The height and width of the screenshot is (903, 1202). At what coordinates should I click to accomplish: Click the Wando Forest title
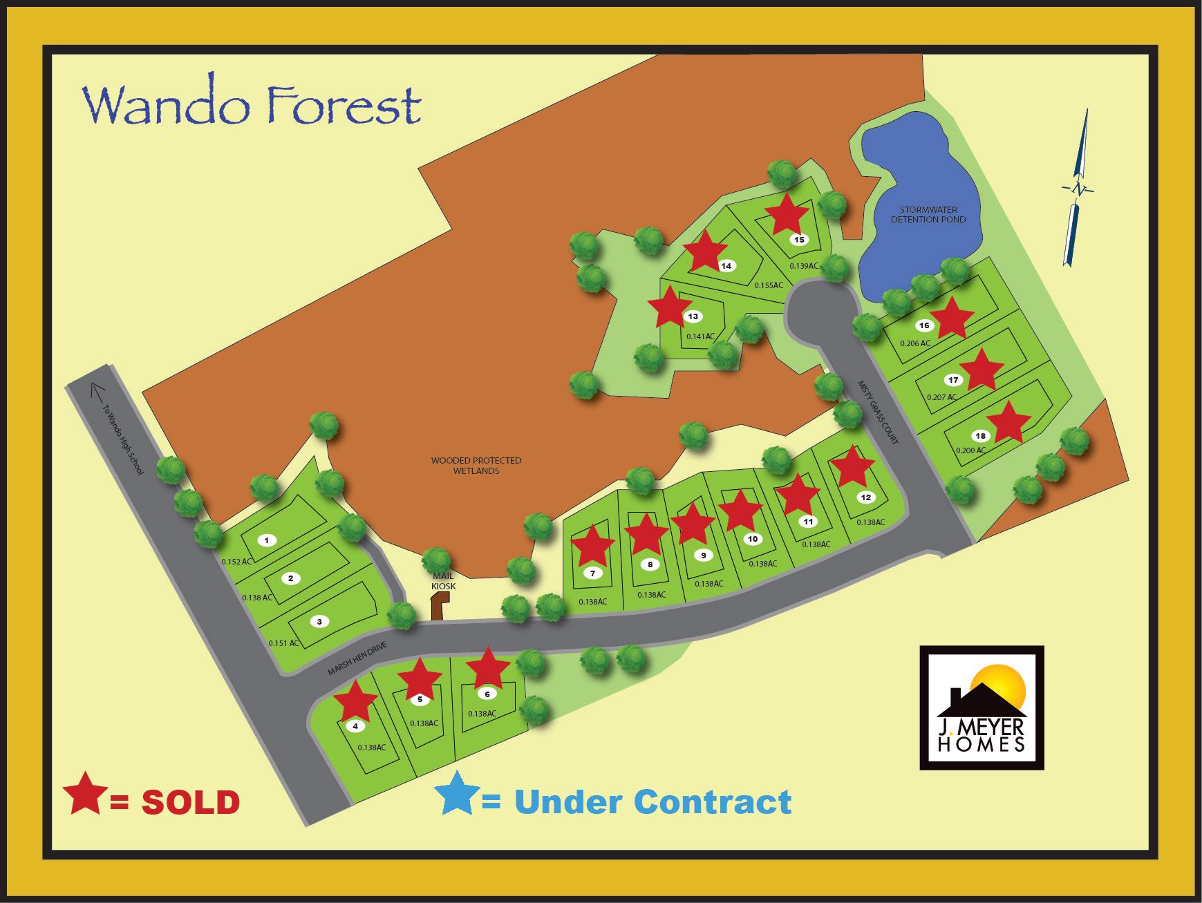click(x=252, y=106)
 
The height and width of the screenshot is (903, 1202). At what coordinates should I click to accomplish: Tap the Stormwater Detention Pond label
click(x=928, y=214)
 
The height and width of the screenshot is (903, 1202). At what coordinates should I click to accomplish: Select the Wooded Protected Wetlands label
click(x=476, y=465)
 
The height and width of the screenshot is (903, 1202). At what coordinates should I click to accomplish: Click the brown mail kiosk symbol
click(x=438, y=608)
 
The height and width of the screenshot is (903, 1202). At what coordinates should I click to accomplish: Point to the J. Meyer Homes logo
click(x=982, y=707)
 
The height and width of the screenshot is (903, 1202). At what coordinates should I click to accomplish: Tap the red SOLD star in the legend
click(x=85, y=793)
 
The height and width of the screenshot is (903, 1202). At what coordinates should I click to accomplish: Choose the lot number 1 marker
click(x=267, y=540)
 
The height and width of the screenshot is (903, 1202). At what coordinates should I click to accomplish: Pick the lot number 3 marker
click(x=319, y=622)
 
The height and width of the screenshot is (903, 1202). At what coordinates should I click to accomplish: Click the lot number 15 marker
click(x=800, y=240)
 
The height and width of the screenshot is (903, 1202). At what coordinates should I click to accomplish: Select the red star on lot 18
click(x=1008, y=422)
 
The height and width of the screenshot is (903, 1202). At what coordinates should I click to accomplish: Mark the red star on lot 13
click(x=669, y=307)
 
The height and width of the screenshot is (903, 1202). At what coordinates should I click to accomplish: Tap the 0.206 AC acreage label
click(x=915, y=343)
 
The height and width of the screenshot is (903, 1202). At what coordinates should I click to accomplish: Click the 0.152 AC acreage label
click(x=236, y=562)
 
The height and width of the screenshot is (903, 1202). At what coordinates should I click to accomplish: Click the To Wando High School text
click(x=122, y=439)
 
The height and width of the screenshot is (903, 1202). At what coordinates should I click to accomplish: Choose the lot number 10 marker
click(x=753, y=539)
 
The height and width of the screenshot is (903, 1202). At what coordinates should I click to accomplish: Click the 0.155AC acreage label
click(x=769, y=285)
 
